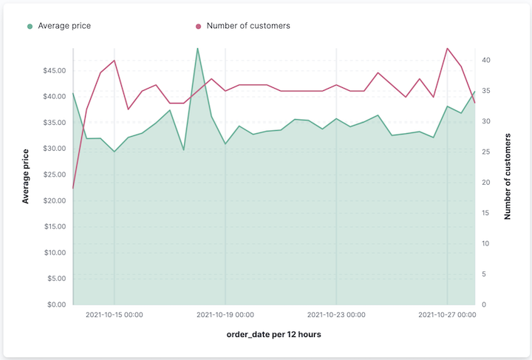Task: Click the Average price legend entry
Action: click(x=64, y=26)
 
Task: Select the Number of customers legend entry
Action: click(x=248, y=26)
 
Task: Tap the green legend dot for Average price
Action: click(x=30, y=26)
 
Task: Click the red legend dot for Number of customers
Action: click(x=198, y=26)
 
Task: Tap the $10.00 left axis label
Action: click(x=52, y=253)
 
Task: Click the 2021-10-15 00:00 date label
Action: click(x=115, y=315)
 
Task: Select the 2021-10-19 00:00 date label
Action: click(x=225, y=315)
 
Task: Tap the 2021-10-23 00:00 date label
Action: click(x=336, y=315)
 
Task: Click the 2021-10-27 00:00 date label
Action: click(x=447, y=315)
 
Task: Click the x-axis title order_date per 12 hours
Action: click(x=274, y=335)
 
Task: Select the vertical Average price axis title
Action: click(x=26, y=176)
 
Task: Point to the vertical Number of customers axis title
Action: click(x=508, y=176)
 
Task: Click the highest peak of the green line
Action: click(x=197, y=48)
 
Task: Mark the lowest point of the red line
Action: click(x=73, y=189)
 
